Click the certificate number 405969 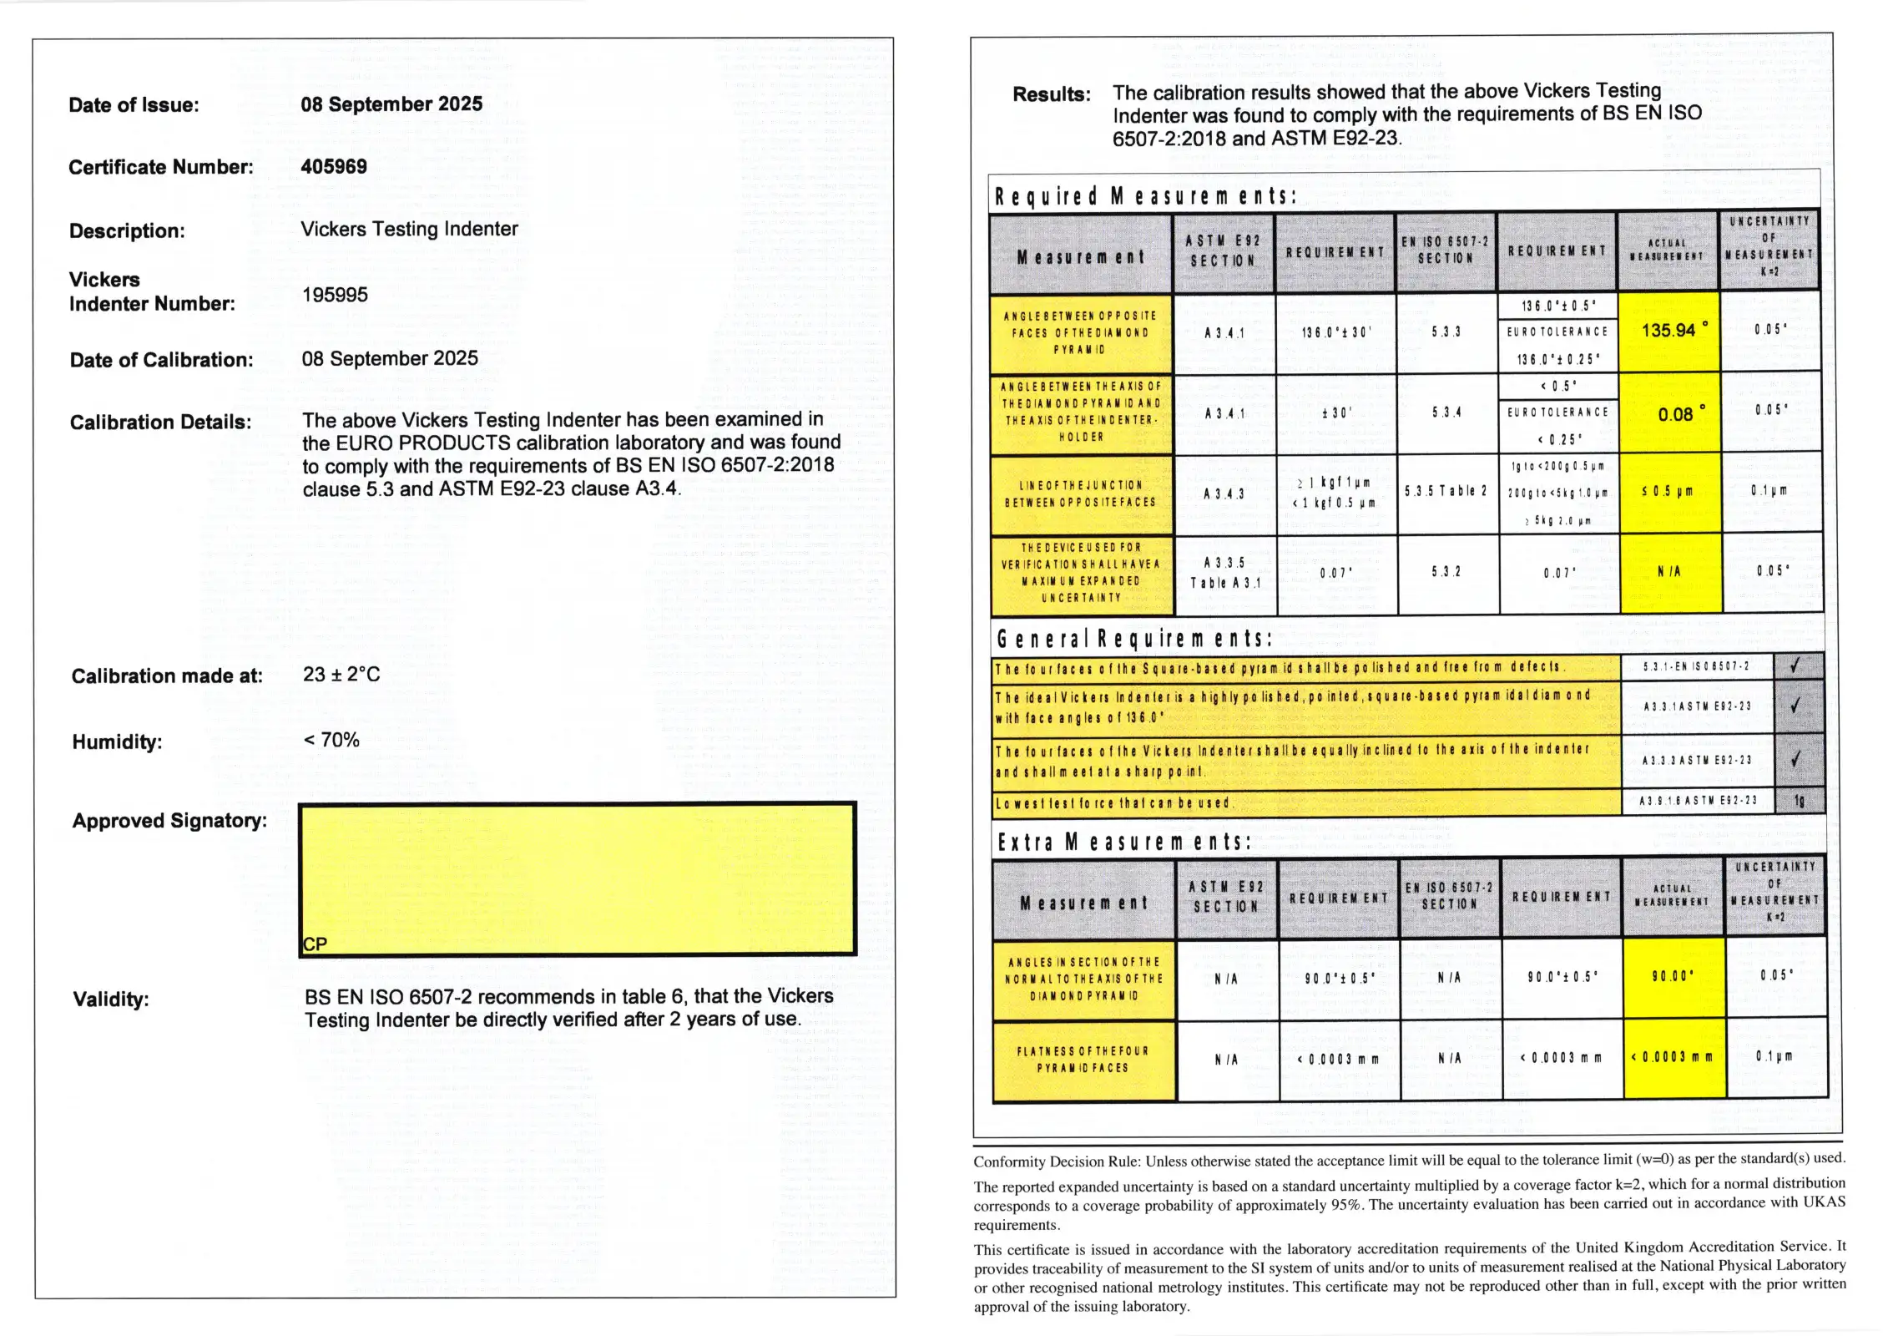334,166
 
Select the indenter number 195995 335,295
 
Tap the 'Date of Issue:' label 134,105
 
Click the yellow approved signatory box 577,878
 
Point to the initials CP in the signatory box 315,944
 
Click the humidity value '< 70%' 331,740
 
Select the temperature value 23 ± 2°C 341,675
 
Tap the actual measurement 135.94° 1669,331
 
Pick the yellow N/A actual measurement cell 1669,572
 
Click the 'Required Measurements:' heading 1145,197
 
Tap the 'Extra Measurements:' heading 1123,843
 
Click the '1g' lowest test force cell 1800,801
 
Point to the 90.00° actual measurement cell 1673,976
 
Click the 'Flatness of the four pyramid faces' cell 1083,1060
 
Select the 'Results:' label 1051,94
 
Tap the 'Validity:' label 111,999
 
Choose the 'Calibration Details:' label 160,423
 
